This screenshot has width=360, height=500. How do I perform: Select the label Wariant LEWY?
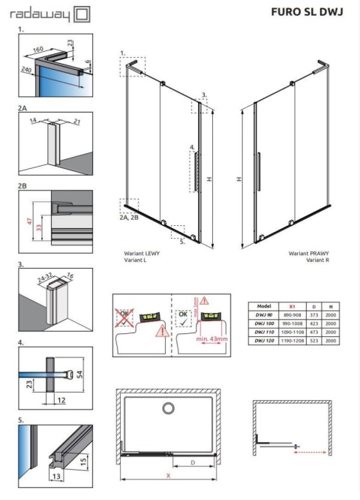tap(142, 254)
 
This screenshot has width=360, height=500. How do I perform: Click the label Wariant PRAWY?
tap(309, 254)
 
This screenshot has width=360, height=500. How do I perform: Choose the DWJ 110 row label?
tap(262, 331)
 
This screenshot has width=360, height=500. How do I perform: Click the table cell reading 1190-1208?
tap(291, 339)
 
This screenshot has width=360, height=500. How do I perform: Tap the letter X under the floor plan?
tap(170, 474)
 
